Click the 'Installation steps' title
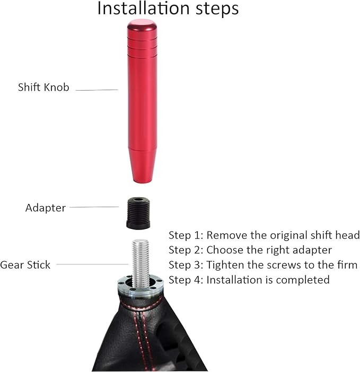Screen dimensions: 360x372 (168, 9)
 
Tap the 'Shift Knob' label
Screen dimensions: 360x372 (43, 87)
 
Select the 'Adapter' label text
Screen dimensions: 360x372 (46, 208)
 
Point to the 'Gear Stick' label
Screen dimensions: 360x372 (25, 265)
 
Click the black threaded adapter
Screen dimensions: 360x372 (138, 213)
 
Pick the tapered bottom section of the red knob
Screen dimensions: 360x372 (142, 165)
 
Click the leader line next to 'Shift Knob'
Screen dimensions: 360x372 (97, 90)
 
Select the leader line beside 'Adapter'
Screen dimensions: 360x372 (94, 207)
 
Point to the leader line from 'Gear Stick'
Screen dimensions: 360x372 (93, 264)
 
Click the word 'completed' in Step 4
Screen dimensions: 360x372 (303, 280)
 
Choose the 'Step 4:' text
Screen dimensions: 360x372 (186, 280)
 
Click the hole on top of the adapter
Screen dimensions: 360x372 (138, 200)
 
